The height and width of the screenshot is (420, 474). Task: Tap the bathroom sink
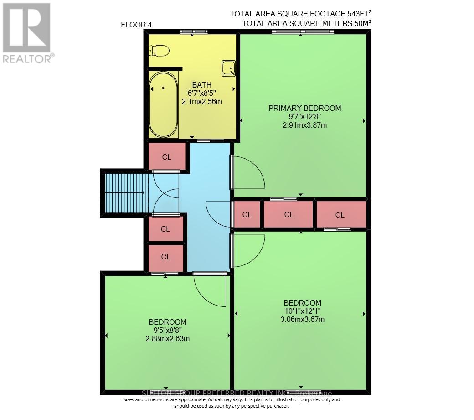[229, 68]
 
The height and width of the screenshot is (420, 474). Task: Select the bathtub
[163, 104]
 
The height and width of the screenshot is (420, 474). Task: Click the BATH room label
[202, 85]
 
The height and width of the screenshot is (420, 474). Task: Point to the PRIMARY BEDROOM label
[304, 108]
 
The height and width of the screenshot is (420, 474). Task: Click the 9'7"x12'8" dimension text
[304, 116]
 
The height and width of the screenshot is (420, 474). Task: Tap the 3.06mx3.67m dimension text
[303, 319]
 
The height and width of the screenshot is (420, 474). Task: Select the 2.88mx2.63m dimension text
[167, 338]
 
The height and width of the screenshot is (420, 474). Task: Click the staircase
[124, 192]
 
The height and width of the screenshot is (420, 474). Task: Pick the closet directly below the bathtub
[167, 157]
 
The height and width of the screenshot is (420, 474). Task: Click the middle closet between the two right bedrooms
[289, 214]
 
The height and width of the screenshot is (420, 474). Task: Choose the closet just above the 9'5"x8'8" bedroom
[166, 257]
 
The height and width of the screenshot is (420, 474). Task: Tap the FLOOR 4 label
[136, 25]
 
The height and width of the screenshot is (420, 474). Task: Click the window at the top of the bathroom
[193, 31]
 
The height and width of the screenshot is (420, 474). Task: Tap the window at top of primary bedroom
[303, 31]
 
